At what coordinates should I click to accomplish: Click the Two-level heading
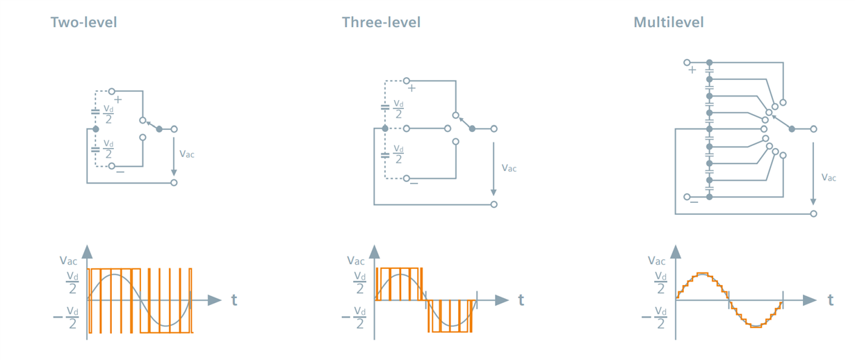click(83, 22)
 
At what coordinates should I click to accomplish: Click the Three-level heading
click(381, 22)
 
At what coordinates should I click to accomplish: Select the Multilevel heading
click(668, 22)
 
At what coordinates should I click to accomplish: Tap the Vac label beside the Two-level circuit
click(187, 154)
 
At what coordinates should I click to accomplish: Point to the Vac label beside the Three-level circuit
click(509, 167)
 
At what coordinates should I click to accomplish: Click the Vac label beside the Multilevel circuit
click(829, 177)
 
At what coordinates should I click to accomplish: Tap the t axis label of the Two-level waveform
click(234, 300)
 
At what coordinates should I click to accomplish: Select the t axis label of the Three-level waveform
click(521, 300)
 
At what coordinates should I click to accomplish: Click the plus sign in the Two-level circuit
click(117, 100)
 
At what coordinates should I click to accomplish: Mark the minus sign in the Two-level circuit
click(120, 171)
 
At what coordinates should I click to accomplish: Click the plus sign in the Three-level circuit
click(412, 89)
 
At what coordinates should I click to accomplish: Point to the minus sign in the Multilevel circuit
click(694, 202)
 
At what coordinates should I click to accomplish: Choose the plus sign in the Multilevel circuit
click(692, 69)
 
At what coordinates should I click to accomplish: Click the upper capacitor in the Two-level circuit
click(95, 111)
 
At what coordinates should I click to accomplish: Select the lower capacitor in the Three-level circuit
click(385, 155)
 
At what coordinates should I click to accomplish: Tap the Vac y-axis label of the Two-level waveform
click(68, 261)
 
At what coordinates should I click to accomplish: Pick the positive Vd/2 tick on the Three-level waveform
click(359, 284)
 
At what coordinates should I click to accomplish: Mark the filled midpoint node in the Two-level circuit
click(96, 129)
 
